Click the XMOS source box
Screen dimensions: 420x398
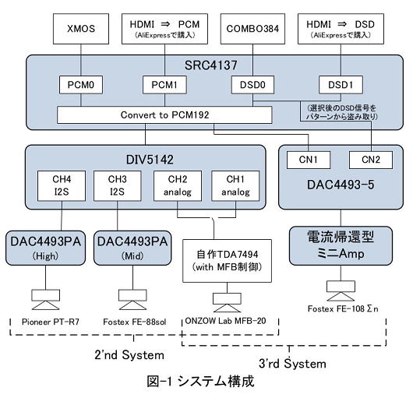81,29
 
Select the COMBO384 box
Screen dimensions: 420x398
252,29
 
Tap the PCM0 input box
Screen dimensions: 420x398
81,85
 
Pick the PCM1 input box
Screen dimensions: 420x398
164,85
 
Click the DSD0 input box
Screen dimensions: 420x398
252,85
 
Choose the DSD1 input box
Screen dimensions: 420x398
341,85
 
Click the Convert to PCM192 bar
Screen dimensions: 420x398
164,115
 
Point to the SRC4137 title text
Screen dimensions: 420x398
211,65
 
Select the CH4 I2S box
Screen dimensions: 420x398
62,185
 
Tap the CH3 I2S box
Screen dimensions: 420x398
118,185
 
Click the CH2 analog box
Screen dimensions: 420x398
178,185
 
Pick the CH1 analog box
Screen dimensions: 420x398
235,185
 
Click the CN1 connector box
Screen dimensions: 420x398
309,160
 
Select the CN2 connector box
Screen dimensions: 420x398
371,160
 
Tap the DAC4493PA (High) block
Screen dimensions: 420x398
45,248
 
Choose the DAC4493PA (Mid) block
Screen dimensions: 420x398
132,248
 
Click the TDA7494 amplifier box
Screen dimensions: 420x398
228,261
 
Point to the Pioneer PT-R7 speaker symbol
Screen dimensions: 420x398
45,300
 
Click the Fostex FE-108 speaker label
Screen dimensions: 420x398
343,309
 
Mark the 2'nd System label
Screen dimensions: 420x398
129,355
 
